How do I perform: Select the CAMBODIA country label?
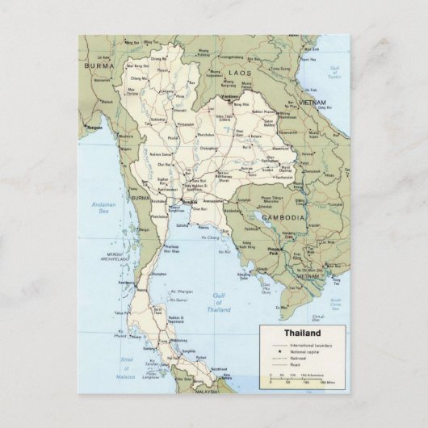coord(282,218)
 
